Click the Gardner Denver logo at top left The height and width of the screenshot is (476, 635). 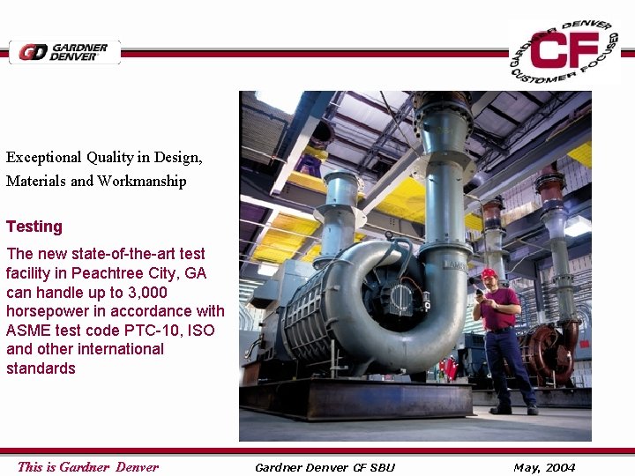63,52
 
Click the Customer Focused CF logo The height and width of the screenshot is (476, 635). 564,51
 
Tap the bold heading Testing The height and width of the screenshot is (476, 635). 34,227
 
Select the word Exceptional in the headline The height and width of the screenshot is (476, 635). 44,158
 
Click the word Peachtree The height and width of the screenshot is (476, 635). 107,273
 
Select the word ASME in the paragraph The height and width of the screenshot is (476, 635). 27,330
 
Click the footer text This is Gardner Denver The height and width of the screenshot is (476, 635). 88,467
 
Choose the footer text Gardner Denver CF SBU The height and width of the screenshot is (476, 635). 325,467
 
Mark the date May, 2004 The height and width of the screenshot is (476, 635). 544,467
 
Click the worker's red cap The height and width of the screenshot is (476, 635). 489,273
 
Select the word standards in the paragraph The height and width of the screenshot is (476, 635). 41,368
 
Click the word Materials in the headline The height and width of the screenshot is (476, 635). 36,181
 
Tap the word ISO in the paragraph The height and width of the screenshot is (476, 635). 201,330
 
